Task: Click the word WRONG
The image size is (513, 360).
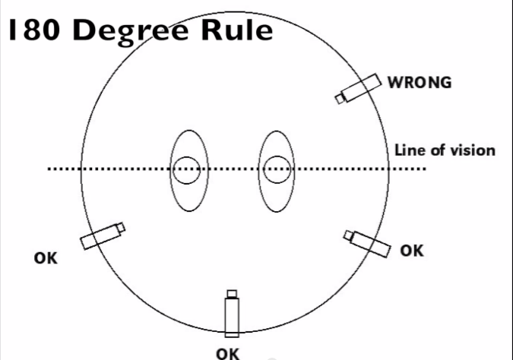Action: point(420,82)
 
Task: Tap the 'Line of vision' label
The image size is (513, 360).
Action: point(445,150)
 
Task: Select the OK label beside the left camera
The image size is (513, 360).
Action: point(46,258)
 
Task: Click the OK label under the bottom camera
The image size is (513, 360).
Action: point(227,353)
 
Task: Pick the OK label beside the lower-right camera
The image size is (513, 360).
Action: point(412,250)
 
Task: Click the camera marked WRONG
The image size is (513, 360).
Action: point(359,88)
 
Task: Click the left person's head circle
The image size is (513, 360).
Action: point(185,170)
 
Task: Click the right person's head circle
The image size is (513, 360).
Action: point(276,170)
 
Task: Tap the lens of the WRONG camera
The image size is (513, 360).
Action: point(340,99)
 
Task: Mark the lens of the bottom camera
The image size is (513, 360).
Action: point(232,293)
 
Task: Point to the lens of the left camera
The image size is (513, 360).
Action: point(120,227)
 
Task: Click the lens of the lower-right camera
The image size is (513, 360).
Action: point(349,235)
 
